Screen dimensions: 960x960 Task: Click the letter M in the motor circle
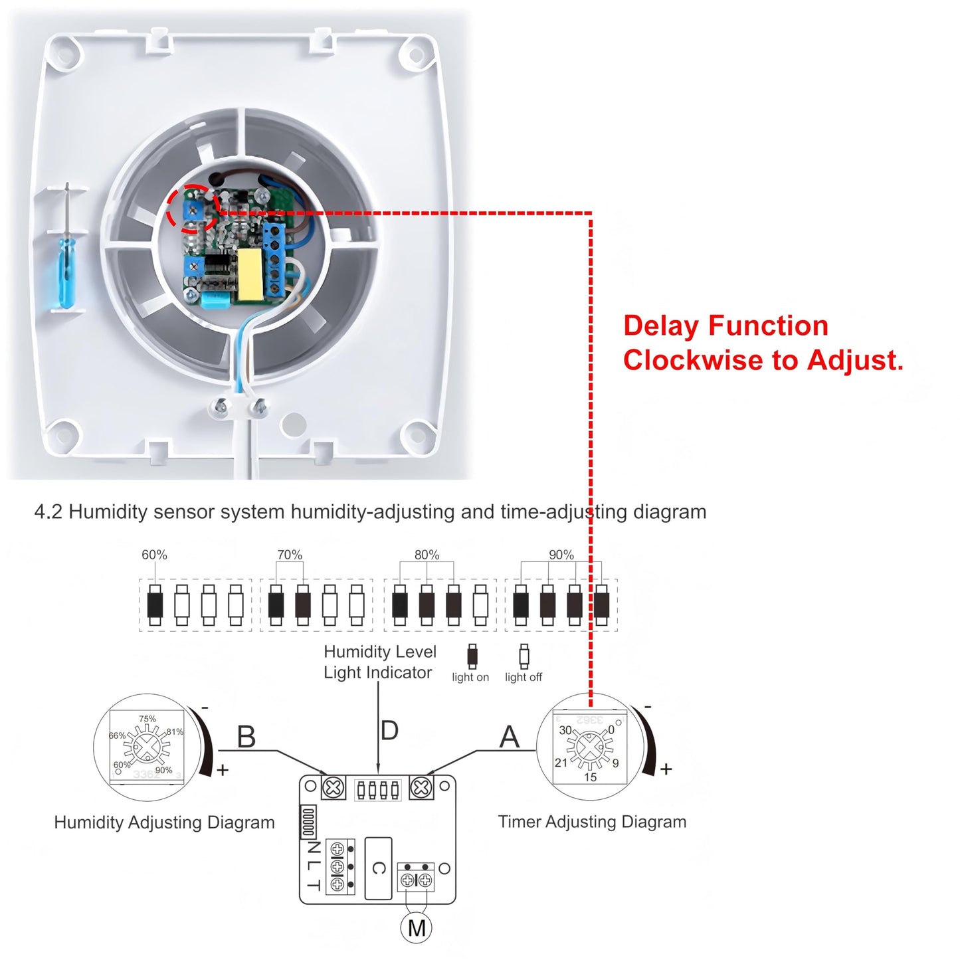(x=417, y=927)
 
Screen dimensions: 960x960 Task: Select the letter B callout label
(x=246, y=737)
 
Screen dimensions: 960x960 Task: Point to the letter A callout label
(x=509, y=736)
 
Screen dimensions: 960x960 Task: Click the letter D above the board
(x=389, y=730)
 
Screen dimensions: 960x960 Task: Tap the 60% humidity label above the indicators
(x=154, y=555)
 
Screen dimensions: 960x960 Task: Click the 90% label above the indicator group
(x=561, y=555)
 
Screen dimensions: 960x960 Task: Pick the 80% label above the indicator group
(x=427, y=555)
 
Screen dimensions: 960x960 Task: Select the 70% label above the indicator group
(x=290, y=555)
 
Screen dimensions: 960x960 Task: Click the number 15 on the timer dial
(x=590, y=777)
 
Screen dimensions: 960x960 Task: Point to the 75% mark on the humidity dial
(x=147, y=719)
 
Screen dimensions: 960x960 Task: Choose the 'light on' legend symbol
(x=472, y=656)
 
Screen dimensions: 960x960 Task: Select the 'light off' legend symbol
(x=524, y=656)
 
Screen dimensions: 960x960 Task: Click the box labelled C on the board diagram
(x=379, y=868)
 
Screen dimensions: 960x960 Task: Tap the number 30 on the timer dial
(x=565, y=730)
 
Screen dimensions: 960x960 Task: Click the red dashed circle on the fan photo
(x=192, y=209)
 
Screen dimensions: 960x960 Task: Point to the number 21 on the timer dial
(x=561, y=763)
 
